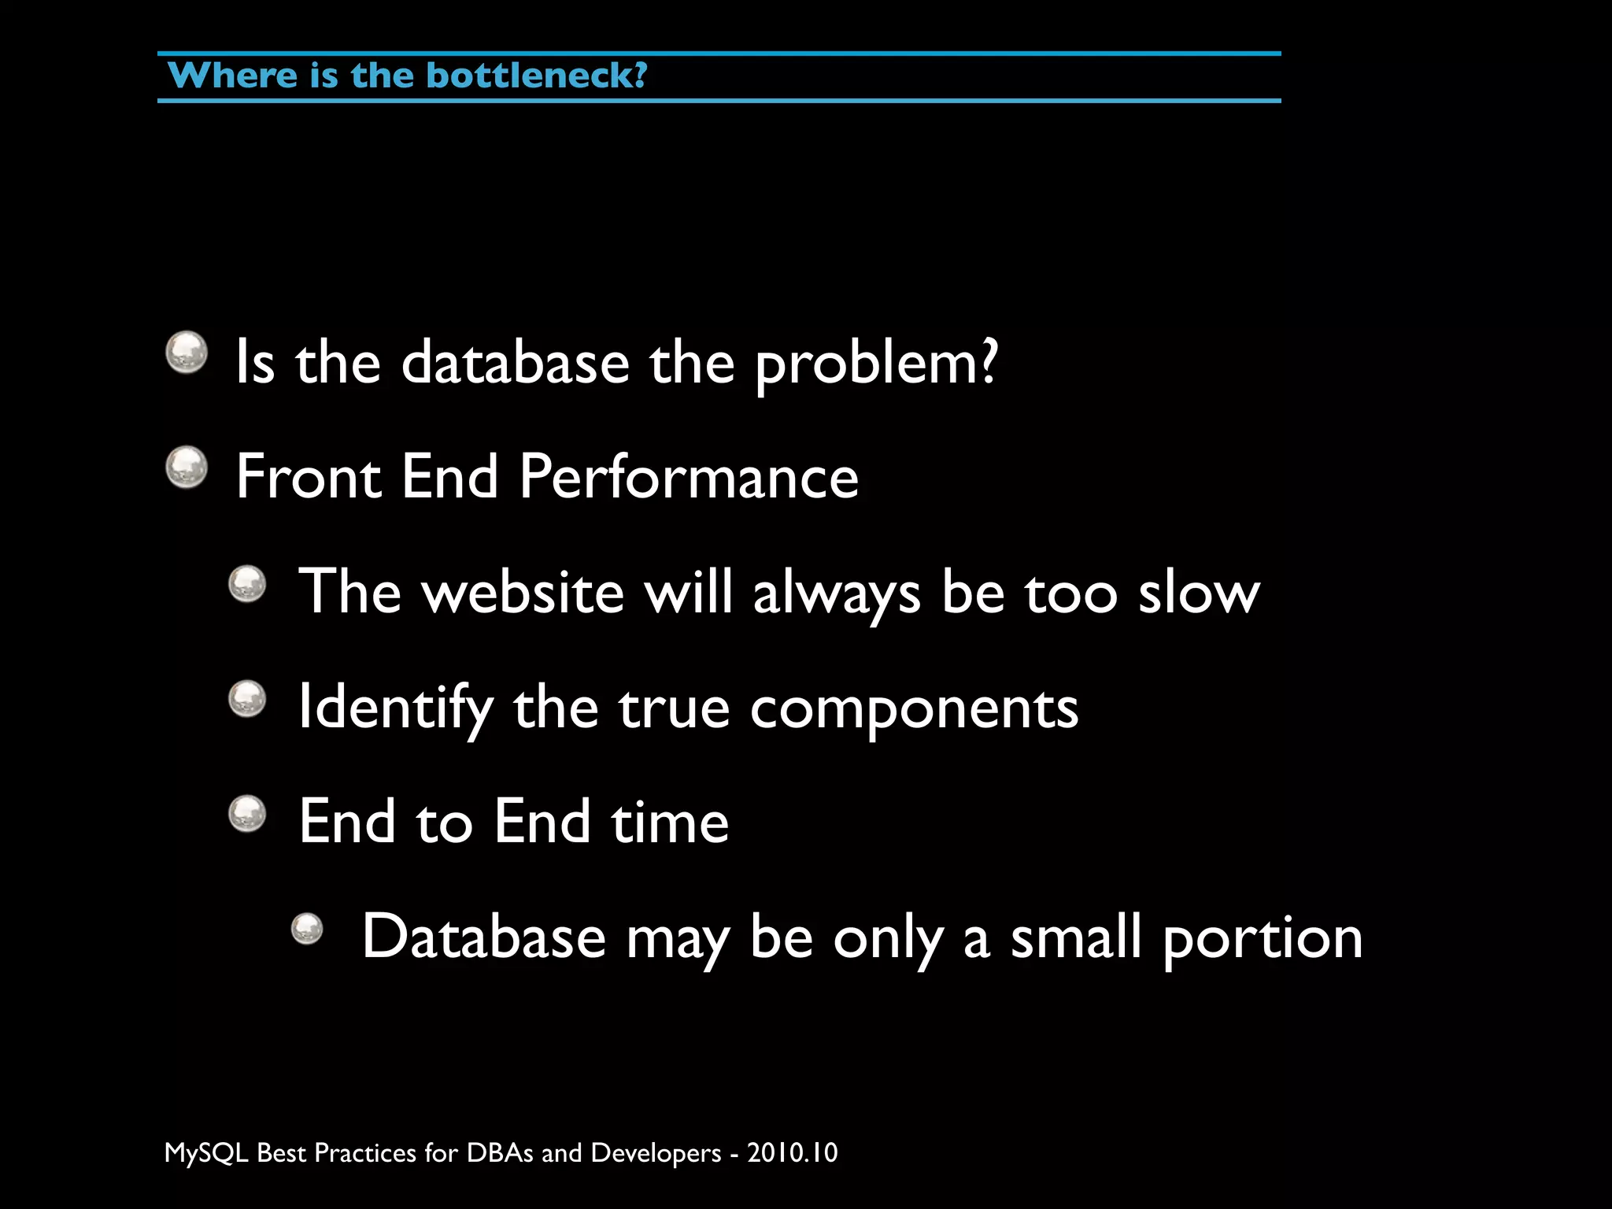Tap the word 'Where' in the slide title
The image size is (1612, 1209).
232,76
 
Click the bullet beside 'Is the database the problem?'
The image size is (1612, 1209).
187,352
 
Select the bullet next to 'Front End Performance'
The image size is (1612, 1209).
187,467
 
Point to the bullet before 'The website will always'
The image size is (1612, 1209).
248,584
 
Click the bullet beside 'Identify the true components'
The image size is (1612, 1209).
248,699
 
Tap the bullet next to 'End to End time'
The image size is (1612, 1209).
248,814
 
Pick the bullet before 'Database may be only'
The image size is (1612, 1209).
307,929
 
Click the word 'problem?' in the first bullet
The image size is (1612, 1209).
876,364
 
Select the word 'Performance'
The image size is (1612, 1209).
689,477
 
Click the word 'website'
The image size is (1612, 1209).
523,593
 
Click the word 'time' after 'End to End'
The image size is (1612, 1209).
670,822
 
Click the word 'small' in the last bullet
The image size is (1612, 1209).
1076,937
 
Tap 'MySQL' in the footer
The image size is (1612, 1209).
206,1153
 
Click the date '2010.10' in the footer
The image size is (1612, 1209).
792,1153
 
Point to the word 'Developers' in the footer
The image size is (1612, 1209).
656,1153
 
